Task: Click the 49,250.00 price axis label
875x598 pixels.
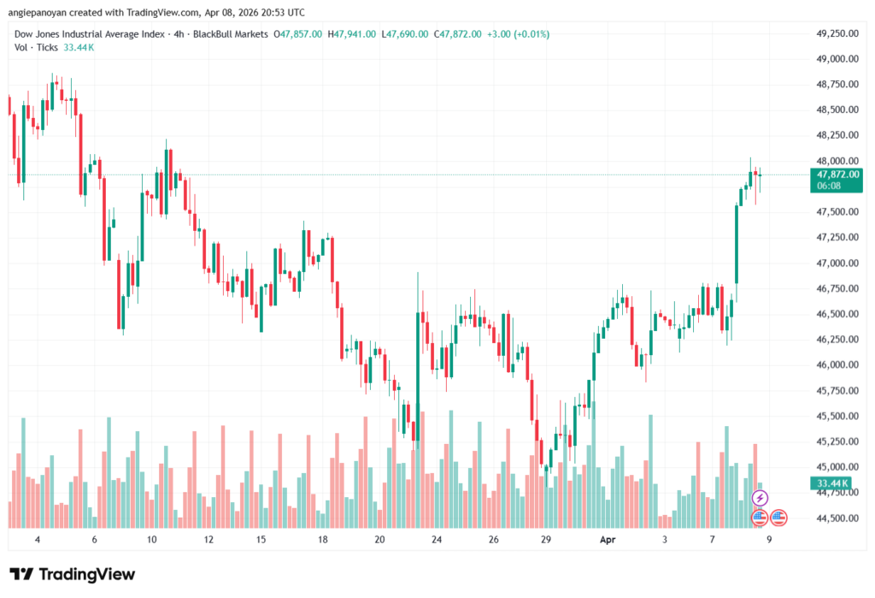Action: (837, 33)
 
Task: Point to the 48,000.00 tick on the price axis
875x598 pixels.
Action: (837, 161)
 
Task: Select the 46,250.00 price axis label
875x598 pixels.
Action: (837, 340)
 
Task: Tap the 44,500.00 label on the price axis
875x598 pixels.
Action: (837, 518)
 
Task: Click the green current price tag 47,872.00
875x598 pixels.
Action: (837, 174)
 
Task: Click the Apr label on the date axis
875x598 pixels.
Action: (608, 541)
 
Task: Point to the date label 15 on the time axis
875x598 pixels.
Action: (261, 541)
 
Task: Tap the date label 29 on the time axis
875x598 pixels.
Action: (546, 541)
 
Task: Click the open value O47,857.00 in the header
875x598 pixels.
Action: (297, 34)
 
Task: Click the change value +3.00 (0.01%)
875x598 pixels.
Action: (518, 34)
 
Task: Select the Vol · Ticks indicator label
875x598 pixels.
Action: (37, 47)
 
